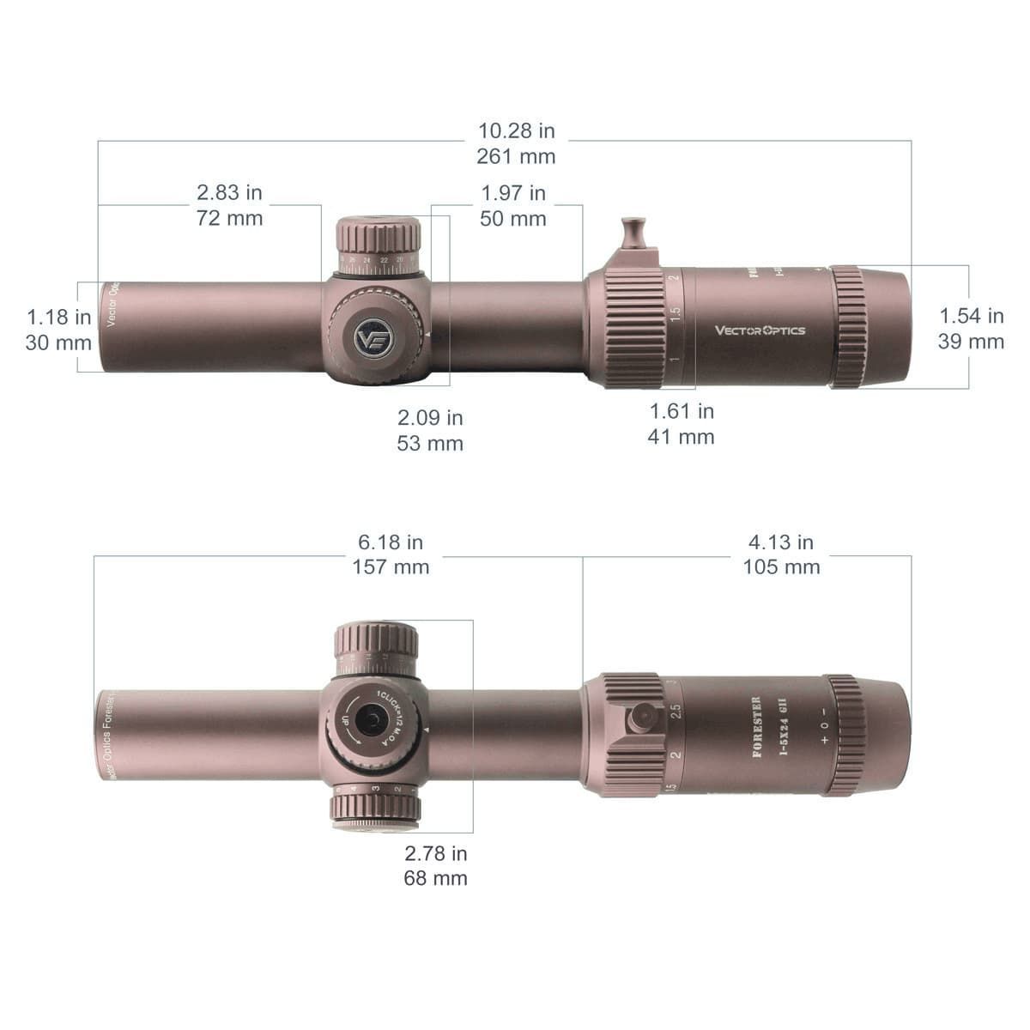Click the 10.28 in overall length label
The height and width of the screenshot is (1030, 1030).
[516, 131]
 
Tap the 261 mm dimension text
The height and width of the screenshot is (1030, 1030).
[516, 157]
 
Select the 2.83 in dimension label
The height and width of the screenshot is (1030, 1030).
[229, 193]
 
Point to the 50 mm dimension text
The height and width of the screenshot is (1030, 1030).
[512, 219]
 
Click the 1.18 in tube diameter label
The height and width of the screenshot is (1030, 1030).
[58, 317]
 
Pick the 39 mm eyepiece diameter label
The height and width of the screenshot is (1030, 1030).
[971, 342]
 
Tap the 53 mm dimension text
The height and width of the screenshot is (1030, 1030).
[430, 444]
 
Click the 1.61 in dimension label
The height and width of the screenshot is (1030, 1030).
[681, 412]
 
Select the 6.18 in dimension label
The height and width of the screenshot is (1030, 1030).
[391, 542]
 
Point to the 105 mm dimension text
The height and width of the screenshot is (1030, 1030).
[781, 567]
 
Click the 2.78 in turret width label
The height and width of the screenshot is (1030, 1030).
[436, 853]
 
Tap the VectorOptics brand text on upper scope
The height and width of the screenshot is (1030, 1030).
[760, 330]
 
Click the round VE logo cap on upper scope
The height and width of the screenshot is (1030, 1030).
[374, 336]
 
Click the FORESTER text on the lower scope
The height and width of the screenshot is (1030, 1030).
[756, 726]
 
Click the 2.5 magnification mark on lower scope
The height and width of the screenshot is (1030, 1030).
[676, 712]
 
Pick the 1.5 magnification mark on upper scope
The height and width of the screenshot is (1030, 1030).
[676, 314]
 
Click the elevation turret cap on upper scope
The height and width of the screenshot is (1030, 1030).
[378, 237]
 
